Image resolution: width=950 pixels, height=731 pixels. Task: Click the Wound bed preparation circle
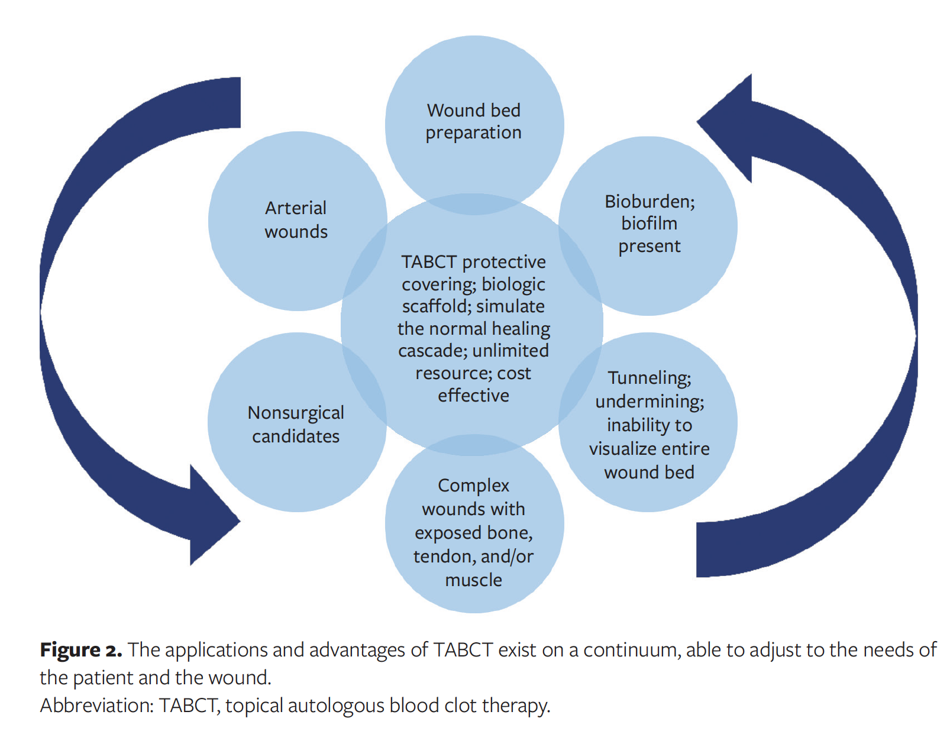click(x=474, y=121)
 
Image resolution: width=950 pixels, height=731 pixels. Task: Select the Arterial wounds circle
click(x=296, y=220)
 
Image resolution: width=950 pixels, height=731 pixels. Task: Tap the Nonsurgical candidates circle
click(x=296, y=423)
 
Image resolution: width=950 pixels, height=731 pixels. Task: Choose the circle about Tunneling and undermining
click(x=649, y=424)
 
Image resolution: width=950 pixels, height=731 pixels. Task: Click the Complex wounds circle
click(x=474, y=532)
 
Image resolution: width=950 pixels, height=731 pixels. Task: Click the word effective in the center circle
click(x=473, y=396)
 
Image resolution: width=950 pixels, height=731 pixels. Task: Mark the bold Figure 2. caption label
click(x=80, y=650)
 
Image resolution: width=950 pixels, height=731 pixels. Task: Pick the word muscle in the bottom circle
click(x=473, y=580)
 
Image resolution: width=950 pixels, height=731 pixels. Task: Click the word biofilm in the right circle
click(x=649, y=224)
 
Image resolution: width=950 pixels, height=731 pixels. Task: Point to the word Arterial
click(x=296, y=208)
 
